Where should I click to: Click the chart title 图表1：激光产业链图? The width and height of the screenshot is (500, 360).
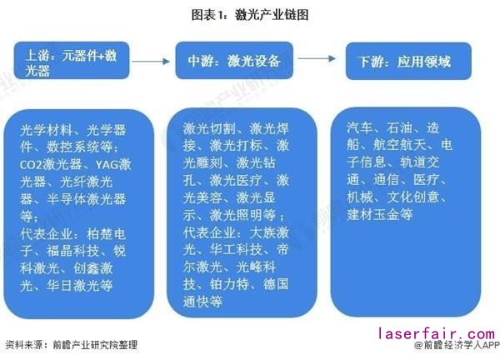point(250,14)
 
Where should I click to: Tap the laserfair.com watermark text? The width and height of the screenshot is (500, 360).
point(437,333)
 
